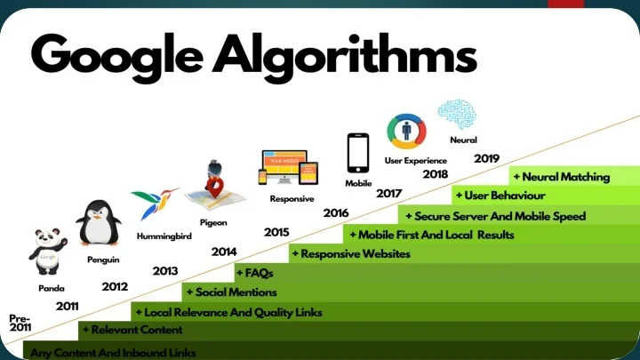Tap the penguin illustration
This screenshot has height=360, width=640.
coord(98,221)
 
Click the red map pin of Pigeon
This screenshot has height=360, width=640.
coord(214,187)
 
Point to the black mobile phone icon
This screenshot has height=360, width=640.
coord(358,152)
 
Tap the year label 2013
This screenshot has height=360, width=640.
coord(165,270)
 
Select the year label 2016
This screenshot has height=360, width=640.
coord(335,213)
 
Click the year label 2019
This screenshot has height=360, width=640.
coord(486,158)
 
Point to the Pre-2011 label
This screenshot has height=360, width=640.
coord(20,323)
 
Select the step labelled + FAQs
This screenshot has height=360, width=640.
coord(254,273)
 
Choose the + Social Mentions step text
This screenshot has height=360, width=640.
coord(230,292)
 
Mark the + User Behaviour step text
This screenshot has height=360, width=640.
coord(500,196)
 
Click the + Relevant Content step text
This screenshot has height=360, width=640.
coord(132,331)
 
